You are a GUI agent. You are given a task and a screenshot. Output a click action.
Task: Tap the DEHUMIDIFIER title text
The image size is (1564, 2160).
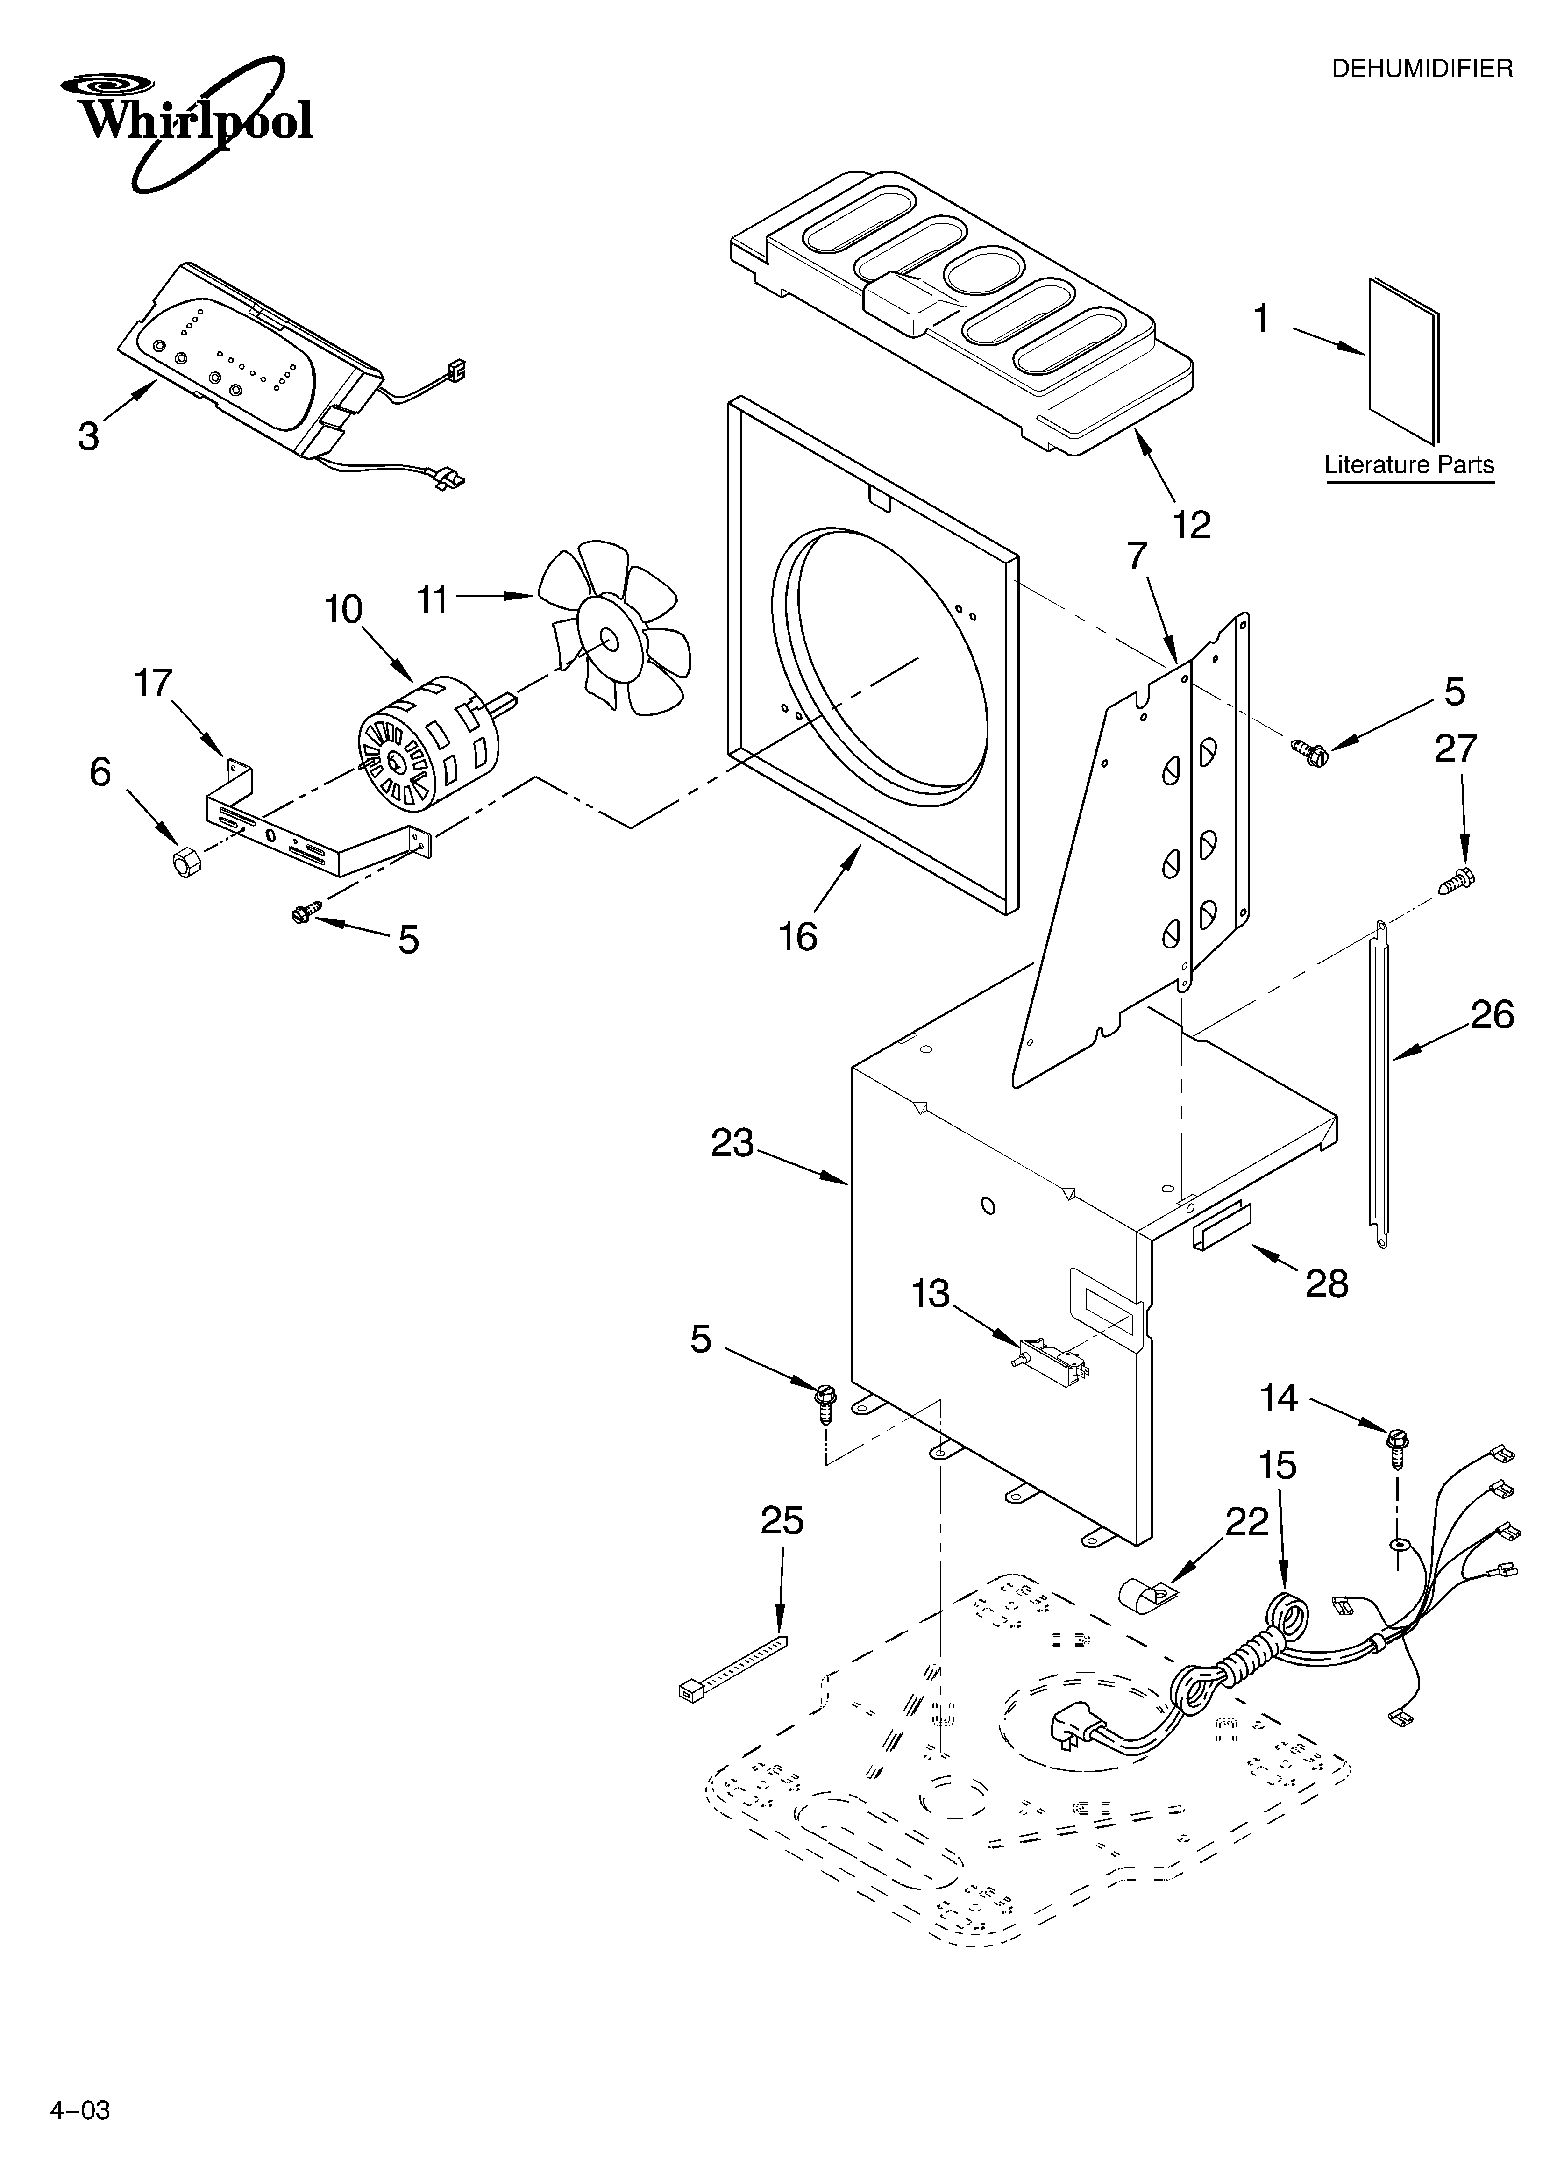pyautogui.click(x=1421, y=69)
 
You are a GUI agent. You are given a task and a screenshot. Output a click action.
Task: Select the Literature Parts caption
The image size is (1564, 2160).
pyautogui.click(x=1409, y=465)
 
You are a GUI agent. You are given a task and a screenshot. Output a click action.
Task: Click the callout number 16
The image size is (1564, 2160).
pyautogui.click(x=798, y=936)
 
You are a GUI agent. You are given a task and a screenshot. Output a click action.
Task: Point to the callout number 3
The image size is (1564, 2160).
pyautogui.click(x=88, y=436)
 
